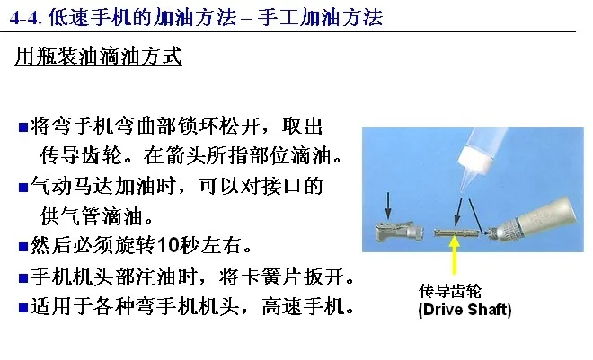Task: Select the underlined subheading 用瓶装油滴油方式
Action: (98, 57)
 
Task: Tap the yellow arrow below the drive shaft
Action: (455, 255)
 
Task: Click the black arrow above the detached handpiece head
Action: (387, 206)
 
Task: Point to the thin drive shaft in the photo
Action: (456, 233)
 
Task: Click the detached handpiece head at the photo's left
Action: (399, 231)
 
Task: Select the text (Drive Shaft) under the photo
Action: (465, 310)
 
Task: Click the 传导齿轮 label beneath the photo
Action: (449, 291)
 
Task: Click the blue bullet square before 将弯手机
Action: (23, 127)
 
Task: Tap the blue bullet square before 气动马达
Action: (23, 188)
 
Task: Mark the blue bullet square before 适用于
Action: (23, 308)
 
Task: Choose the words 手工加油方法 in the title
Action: (321, 18)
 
